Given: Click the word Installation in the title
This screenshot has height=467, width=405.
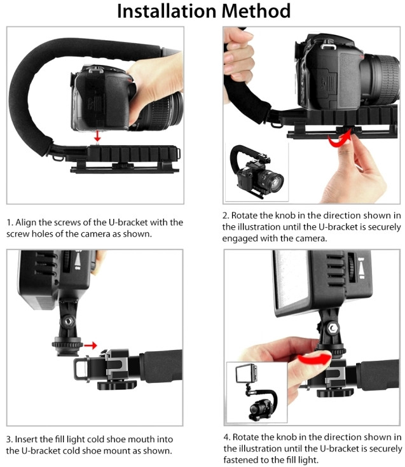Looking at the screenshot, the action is tap(167, 11).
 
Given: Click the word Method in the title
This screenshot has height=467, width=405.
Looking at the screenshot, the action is tap(256, 11).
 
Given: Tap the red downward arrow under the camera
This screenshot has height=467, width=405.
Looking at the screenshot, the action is tap(97, 136).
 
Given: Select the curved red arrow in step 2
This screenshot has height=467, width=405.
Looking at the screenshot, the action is tap(340, 140).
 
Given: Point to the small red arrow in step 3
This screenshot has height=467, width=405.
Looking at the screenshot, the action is tap(90, 345).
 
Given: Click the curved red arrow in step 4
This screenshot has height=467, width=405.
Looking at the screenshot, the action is tap(315, 358).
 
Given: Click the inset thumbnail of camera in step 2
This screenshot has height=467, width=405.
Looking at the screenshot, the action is tap(256, 172).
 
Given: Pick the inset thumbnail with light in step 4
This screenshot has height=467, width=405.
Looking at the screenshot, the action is tap(257, 393).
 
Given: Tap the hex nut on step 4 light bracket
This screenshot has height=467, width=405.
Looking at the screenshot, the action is tap(333, 328).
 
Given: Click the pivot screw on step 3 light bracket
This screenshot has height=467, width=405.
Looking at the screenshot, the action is tap(68, 321).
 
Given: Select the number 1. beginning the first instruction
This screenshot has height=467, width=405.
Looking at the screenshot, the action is tap(10, 223).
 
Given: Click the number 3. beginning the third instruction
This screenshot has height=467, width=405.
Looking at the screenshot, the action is tap(10, 439).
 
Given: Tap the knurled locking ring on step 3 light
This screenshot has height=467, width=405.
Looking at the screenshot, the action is tap(67, 344).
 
